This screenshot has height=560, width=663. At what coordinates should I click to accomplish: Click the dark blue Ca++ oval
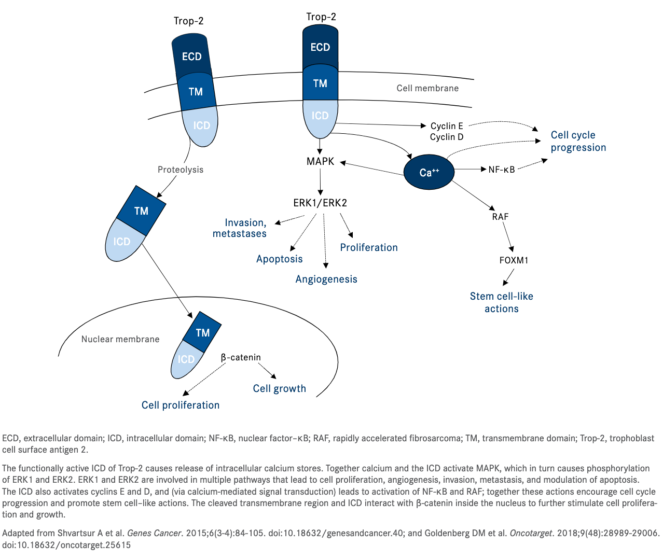pyautogui.click(x=429, y=172)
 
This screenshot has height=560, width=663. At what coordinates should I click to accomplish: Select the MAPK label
pyautogui.click(x=320, y=161)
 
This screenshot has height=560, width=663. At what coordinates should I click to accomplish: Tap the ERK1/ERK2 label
pyautogui.click(x=320, y=203)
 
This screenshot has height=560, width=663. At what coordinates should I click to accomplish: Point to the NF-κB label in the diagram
pyautogui.click(x=502, y=170)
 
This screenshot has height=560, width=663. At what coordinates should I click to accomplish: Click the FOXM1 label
pyautogui.click(x=514, y=260)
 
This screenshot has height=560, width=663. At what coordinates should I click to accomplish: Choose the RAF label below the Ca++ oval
pyautogui.click(x=500, y=217)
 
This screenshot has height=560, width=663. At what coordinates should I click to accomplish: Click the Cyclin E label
pyautogui.click(x=447, y=126)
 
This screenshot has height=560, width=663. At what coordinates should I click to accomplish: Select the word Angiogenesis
pyautogui.click(x=326, y=279)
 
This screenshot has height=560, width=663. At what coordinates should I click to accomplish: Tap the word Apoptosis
pyautogui.click(x=279, y=259)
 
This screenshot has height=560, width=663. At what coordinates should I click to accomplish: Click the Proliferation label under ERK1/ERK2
pyautogui.click(x=369, y=248)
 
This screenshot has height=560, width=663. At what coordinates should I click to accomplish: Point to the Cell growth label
pyautogui.click(x=279, y=389)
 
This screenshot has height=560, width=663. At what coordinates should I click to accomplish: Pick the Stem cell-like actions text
pyautogui.click(x=501, y=302)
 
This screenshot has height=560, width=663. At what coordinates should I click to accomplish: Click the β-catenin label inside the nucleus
pyautogui.click(x=241, y=357)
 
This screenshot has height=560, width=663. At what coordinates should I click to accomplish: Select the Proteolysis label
pyautogui.click(x=181, y=170)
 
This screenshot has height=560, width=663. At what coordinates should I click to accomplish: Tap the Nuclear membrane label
pyautogui.click(x=120, y=339)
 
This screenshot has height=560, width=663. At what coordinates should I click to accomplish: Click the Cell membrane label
pyautogui.click(x=427, y=88)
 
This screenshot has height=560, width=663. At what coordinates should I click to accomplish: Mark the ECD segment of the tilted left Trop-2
pyautogui.click(x=191, y=57)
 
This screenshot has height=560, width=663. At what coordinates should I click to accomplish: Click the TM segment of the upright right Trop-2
pyautogui.click(x=320, y=83)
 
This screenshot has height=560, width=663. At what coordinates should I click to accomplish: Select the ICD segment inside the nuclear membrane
pyautogui.click(x=186, y=359)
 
